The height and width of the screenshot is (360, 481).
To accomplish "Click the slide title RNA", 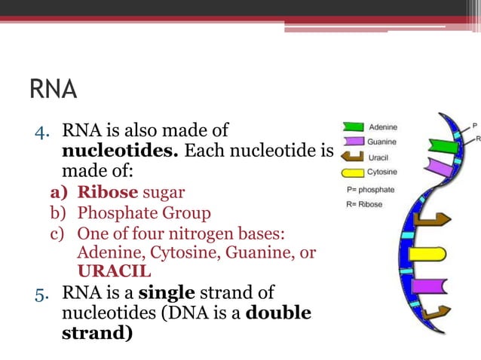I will (x=53, y=89).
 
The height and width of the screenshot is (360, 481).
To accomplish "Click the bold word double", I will (x=282, y=312).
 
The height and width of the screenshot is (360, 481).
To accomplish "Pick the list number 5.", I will (x=42, y=292).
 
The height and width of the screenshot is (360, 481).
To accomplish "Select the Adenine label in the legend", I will (x=383, y=127).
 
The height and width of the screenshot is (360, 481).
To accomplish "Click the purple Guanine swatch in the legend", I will (x=352, y=142).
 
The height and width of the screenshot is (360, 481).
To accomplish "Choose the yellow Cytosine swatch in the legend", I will (x=352, y=172).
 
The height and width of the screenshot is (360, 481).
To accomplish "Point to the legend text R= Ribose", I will (x=364, y=204).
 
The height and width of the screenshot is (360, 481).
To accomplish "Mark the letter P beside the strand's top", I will (x=474, y=125).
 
